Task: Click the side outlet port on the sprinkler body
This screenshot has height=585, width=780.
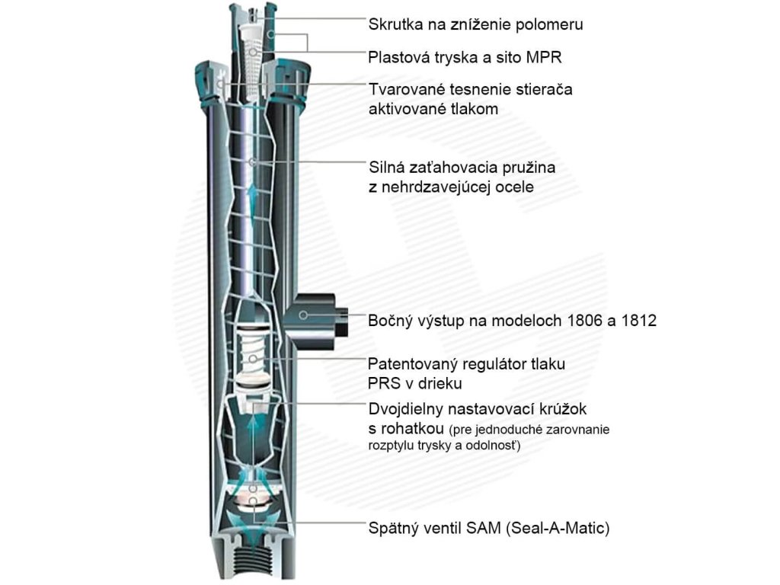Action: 320,315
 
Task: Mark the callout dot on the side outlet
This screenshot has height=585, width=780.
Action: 303,315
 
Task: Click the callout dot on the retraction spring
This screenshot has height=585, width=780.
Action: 253,161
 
